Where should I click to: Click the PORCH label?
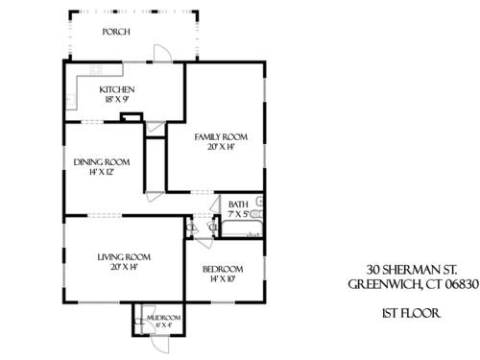click(x=116, y=32)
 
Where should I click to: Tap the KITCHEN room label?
click(x=117, y=89)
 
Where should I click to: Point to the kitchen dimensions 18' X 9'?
click(x=117, y=100)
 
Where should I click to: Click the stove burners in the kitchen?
click(x=96, y=70)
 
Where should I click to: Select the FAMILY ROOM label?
click(x=221, y=137)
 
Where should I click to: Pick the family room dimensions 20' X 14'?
click(x=221, y=147)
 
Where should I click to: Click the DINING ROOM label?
click(x=102, y=162)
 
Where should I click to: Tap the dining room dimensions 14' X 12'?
click(x=102, y=172)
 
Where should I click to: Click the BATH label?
click(x=238, y=204)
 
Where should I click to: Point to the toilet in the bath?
click(x=256, y=214)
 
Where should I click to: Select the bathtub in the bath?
click(x=242, y=228)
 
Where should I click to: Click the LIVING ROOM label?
click(x=124, y=257)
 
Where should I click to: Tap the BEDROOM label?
click(x=223, y=269)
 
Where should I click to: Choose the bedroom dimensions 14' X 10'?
click(x=223, y=279)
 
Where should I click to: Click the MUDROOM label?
click(x=164, y=318)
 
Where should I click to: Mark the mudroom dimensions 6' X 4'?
click(x=164, y=325)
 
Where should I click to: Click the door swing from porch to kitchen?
click(x=163, y=53)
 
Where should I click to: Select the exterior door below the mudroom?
click(x=159, y=344)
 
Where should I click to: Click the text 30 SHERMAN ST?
click(x=412, y=270)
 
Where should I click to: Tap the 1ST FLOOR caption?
click(x=412, y=313)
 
